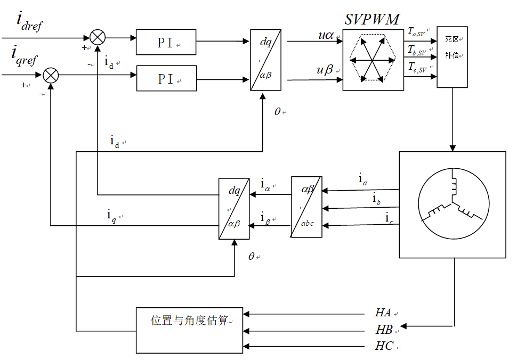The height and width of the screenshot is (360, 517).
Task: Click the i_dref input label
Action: click(x=29, y=22)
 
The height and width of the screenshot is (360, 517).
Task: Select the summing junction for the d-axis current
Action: click(x=98, y=37)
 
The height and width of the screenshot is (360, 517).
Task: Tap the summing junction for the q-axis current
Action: click(x=51, y=75)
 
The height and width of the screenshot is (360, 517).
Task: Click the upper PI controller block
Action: click(x=166, y=42)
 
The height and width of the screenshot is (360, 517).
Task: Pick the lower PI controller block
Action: click(x=166, y=78)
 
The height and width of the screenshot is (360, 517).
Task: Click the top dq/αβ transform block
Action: click(x=265, y=60)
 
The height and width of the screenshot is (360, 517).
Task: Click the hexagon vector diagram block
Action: click(x=373, y=59)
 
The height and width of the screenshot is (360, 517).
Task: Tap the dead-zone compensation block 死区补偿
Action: click(x=452, y=56)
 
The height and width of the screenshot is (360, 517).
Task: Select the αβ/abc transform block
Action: click(x=306, y=207)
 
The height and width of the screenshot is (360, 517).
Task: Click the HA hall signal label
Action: click(x=384, y=313)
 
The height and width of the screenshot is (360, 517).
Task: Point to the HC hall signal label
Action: click(x=384, y=346)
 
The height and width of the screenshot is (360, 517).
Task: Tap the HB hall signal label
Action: click(x=384, y=330)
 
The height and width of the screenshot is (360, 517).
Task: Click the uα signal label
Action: click(x=326, y=35)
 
